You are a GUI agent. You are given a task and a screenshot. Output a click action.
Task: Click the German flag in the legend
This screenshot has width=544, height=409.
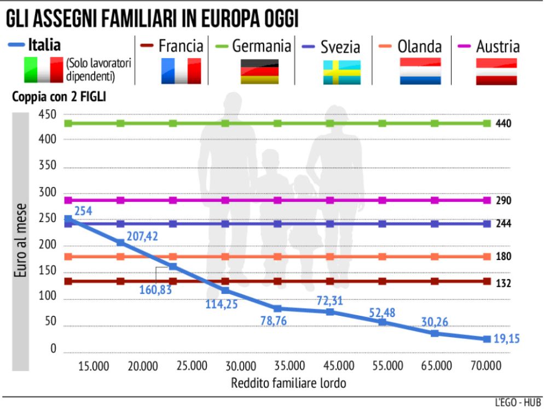pos(259,71)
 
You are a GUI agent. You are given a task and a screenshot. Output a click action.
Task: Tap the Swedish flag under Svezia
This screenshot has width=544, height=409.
pos(342,72)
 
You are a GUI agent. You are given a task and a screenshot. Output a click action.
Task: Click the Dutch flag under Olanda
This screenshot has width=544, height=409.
pos(420,71)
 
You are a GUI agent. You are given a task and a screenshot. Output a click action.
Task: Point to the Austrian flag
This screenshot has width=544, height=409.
pos(496,71)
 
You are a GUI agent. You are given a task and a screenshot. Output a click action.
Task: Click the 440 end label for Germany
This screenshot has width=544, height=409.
pos(503,123)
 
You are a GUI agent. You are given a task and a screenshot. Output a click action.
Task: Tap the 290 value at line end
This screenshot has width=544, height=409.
pos(503,201)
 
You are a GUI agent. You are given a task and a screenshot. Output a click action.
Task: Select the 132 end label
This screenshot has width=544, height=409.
pos(503,283)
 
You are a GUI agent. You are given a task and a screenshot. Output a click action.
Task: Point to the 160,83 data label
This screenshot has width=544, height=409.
pos(155,289)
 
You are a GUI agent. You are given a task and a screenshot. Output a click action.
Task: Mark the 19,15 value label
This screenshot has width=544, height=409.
pos(505,339)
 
